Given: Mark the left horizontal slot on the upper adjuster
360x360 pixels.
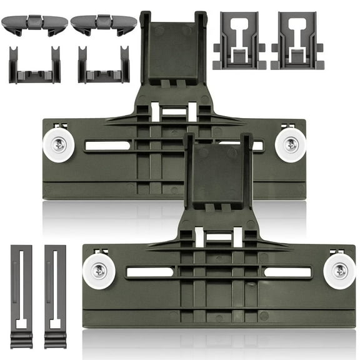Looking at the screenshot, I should tap(107, 146).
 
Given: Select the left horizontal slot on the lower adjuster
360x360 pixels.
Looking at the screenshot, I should tap(150, 272).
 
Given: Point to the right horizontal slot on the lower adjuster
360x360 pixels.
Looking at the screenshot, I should tap(287, 272).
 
